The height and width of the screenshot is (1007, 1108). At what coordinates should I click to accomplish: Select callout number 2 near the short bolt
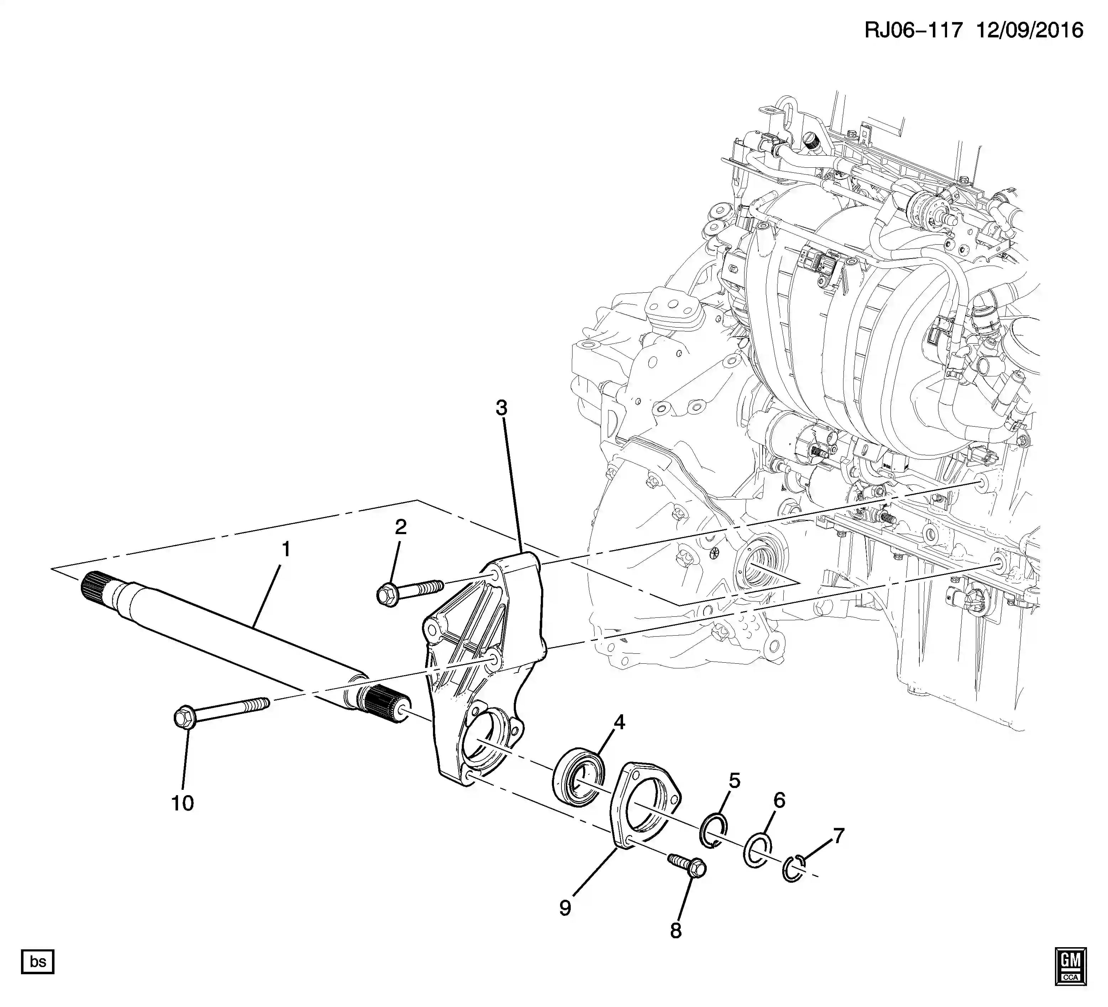pos(401,527)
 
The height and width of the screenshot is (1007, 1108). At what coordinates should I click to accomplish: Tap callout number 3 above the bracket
pos(501,408)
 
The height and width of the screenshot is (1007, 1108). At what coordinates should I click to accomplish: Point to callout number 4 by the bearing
pos(620,722)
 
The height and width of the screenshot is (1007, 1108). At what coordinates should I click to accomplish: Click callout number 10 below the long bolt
pos(182,803)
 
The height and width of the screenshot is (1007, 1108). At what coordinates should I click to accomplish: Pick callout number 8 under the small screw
pos(675,930)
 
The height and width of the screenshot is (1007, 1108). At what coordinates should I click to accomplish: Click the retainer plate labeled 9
pos(646,805)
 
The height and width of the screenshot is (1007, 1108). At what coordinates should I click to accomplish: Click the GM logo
pos(1070,966)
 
